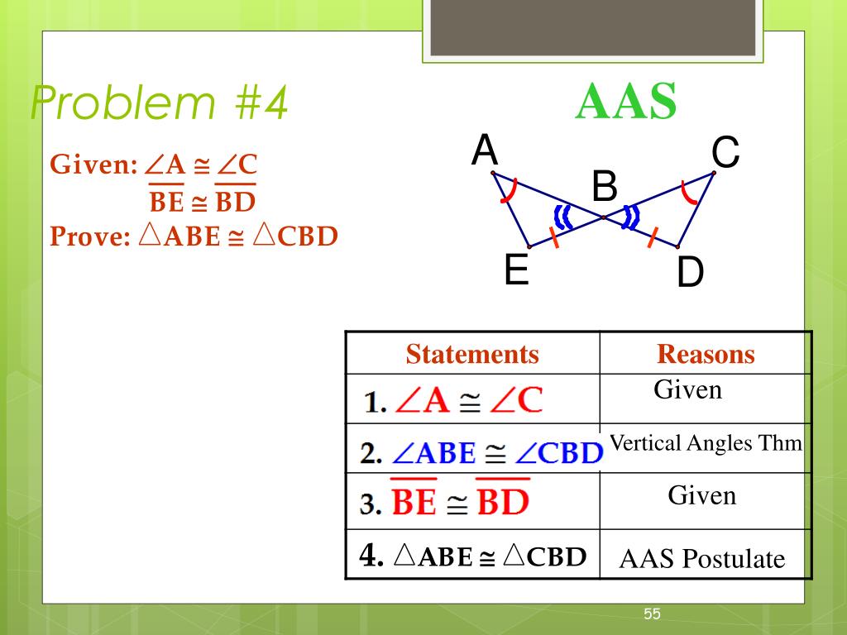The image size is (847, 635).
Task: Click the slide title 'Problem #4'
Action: [x=159, y=104]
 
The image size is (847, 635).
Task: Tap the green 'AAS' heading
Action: [x=626, y=102]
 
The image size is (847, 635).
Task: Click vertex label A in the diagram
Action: [x=485, y=151]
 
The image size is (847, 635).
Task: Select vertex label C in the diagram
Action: [x=725, y=153]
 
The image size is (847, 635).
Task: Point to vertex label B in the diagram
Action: [x=605, y=187]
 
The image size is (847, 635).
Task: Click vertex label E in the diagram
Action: [x=517, y=270]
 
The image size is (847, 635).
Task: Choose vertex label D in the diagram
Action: [x=689, y=274]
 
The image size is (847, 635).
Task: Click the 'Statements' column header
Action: [x=472, y=354]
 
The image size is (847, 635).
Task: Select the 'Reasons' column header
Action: [x=706, y=354]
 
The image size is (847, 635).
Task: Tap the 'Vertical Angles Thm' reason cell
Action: [x=706, y=443]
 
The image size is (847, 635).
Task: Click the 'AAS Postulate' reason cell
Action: [x=702, y=559]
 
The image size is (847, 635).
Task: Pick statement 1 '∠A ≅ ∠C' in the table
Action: [x=453, y=401]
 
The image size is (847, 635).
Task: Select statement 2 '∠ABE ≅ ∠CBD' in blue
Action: [x=481, y=453]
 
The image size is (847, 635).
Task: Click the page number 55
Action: [x=653, y=614]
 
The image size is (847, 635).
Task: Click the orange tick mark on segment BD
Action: [x=653, y=236]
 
